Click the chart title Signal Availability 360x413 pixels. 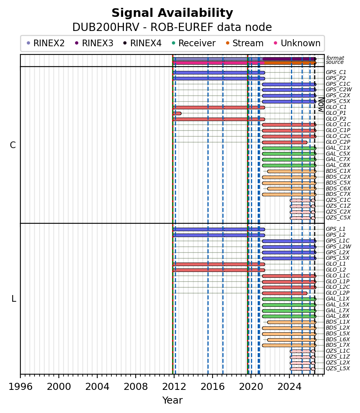(x=172, y=13)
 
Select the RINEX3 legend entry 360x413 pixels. (x=94, y=43)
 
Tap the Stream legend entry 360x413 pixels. (x=245, y=43)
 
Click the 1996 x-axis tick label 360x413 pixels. (x=20, y=387)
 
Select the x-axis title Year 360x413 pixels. (x=173, y=400)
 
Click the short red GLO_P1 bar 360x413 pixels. (x=177, y=114)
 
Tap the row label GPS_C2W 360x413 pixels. (x=339, y=90)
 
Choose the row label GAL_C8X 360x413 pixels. (x=338, y=165)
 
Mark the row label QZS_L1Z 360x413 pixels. (x=338, y=357)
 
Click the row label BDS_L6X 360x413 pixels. (x=338, y=339)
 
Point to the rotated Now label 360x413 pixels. (x=321, y=105)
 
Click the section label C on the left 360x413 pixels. (x=13, y=145)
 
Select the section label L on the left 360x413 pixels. (x=14, y=299)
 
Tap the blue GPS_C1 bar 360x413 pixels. (x=219, y=73)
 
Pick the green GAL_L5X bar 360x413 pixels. (x=289, y=305)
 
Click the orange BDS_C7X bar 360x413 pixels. (x=289, y=194)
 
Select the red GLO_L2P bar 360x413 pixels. (x=285, y=293)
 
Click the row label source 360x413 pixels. (x=335, y=62)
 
